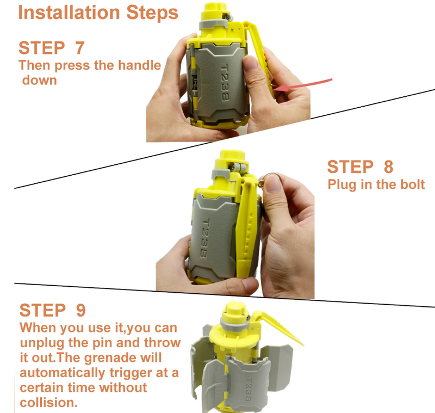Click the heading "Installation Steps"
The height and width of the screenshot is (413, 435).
pyautogui.click(x=98, y=13)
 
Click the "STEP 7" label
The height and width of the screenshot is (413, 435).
pyautogui.click(x=51, y=48)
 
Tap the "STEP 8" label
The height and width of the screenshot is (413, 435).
pyautogui.click(x=360, y=167)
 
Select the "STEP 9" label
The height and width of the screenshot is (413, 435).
pyautogui.click(x=52, y=310)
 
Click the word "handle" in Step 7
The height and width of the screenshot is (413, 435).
pyautogui.click(x=140, y=65)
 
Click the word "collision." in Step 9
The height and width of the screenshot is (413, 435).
pyautogui.click(x=48, y=403)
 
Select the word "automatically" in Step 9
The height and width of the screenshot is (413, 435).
pyautogui.click(x=63, y=373)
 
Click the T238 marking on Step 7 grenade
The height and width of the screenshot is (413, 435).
pyautogui.click(x=225, y=82)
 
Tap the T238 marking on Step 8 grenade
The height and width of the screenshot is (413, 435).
pyautogui.click(x=206, y=238)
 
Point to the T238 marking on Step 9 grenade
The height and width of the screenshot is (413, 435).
pyautogui.click(x=248, y=389)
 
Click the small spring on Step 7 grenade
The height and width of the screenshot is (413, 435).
pyautogui.click(x=195, y=82)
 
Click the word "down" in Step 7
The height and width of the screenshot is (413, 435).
pyautogui.click(x=39, y=81)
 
